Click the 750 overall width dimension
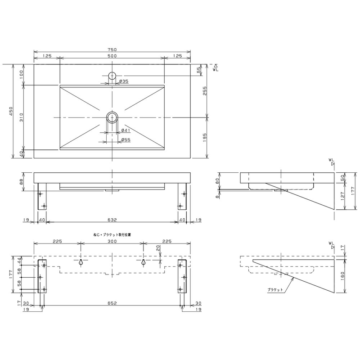point(112,49)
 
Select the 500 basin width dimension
point(112,56)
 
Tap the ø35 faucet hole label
point(124,81)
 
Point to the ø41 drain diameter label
point(126,130)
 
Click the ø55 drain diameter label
point(126,139)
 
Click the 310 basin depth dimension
point(21,117)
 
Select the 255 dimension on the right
point(205,91)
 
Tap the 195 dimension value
point(205,138)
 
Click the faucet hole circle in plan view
point(112,72)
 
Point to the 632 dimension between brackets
point(112,220)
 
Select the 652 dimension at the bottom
point(112,303)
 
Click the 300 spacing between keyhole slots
point(112,241)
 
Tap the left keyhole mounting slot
point(81,262)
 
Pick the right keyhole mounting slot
point(144,262)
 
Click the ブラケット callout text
point(275,290)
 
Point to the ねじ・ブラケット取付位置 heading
point(112,235)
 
